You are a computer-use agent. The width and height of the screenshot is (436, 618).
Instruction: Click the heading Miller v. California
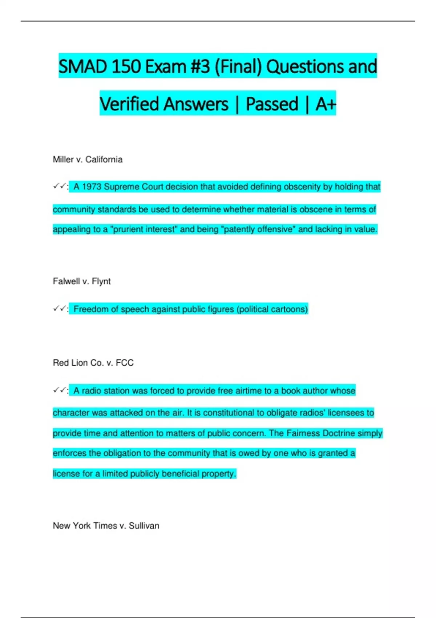[x=88, y=160]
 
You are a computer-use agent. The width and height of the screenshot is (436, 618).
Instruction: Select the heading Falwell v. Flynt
[x=82, y=281]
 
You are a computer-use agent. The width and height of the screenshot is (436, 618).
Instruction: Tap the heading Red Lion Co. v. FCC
[x=93, y=363]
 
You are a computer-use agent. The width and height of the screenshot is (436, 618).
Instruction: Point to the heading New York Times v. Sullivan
[x=106, y=526]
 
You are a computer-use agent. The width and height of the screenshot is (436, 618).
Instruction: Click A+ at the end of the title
[x=326, y=104]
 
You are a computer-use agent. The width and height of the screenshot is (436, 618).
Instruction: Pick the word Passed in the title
[x=272, y=104]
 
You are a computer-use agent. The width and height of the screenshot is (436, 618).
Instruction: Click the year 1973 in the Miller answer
[x=92, y=187]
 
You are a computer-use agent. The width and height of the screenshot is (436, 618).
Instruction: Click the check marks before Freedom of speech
[x=60, y=309]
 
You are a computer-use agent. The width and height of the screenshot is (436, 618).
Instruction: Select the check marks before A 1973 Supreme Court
[x=60, y=186]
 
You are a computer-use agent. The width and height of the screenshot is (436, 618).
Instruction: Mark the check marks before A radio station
[x=60, y=390]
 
